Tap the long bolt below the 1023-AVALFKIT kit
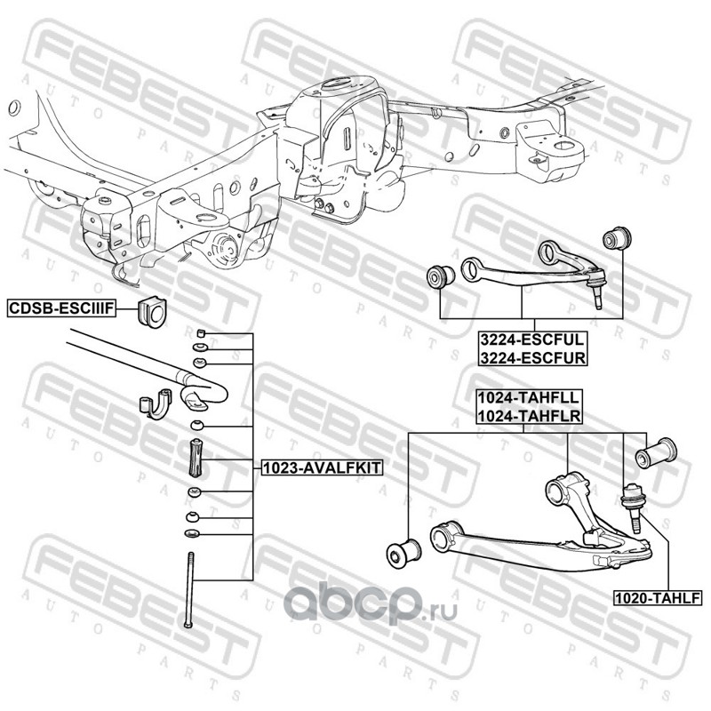pos(189,590)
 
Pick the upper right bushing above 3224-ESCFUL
pos(617,238)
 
